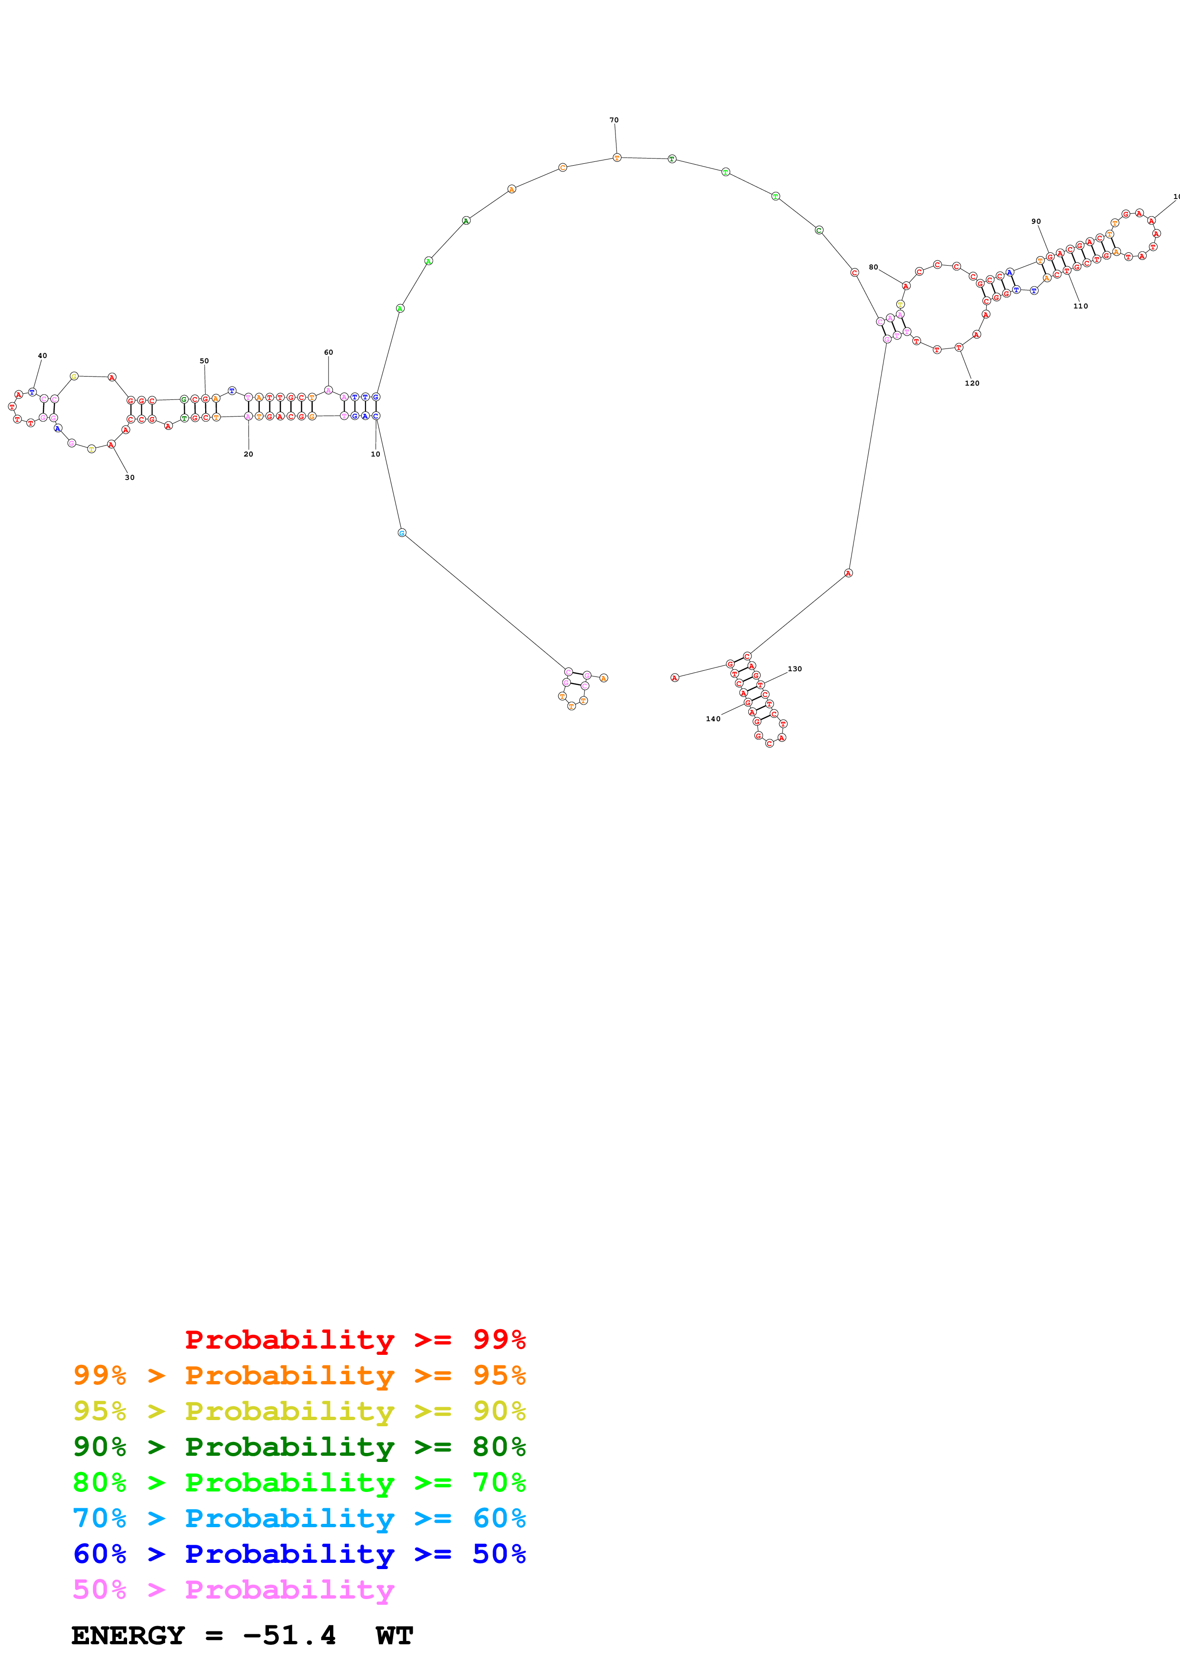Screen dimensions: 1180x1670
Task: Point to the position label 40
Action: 42,356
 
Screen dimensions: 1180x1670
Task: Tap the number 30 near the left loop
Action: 129,477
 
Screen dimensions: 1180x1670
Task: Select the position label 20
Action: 248,454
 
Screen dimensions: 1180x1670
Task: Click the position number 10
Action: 375,454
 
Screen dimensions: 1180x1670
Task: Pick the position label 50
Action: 204,361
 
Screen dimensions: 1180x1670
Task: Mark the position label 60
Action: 328,352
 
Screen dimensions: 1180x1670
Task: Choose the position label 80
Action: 873,267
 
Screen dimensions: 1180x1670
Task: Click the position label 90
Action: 1036,221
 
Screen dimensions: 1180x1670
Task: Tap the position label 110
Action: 1081,306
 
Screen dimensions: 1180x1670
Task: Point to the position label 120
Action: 972,383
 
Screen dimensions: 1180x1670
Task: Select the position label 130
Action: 794,668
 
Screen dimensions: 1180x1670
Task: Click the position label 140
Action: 713,719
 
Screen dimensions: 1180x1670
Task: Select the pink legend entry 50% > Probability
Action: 233,1589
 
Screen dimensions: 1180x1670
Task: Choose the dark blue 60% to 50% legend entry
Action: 299,1554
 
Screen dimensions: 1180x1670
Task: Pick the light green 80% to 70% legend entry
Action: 299,1482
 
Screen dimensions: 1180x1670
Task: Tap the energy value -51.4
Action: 289,1635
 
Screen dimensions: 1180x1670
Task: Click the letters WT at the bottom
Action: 395,1635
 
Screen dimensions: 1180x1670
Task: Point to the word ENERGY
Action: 128,1635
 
